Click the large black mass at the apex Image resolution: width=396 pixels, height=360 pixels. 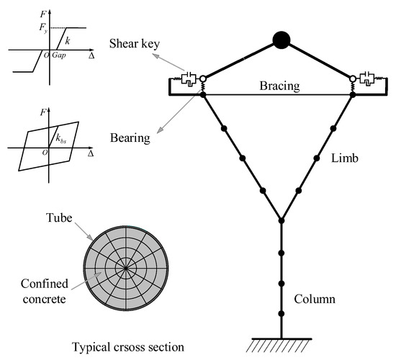(281, 40)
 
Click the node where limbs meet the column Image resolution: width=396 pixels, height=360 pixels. (281, 220)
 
